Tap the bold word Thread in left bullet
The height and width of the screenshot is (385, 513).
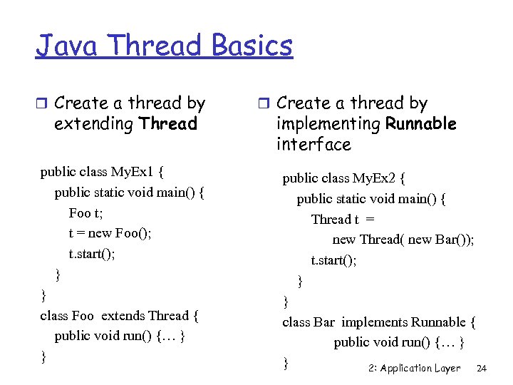[x=168, y=124]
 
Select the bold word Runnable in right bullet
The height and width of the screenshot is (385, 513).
[x=420, y=124]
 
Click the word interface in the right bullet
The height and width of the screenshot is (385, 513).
[x=313, y=145]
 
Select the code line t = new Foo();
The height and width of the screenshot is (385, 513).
[x=110, y=233]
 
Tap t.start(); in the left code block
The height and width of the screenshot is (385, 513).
[x=92, y=254]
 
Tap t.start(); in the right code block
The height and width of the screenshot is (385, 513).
[x=333, y=260]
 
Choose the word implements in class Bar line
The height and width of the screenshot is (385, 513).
[x=371, y=322]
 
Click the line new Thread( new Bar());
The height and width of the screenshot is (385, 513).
[x=403, y=240]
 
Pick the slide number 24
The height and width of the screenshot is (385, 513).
[x=481, y=369]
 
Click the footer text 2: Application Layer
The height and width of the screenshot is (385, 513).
[x=415, y=369]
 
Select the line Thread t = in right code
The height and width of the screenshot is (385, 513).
[x=343, y=220]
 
